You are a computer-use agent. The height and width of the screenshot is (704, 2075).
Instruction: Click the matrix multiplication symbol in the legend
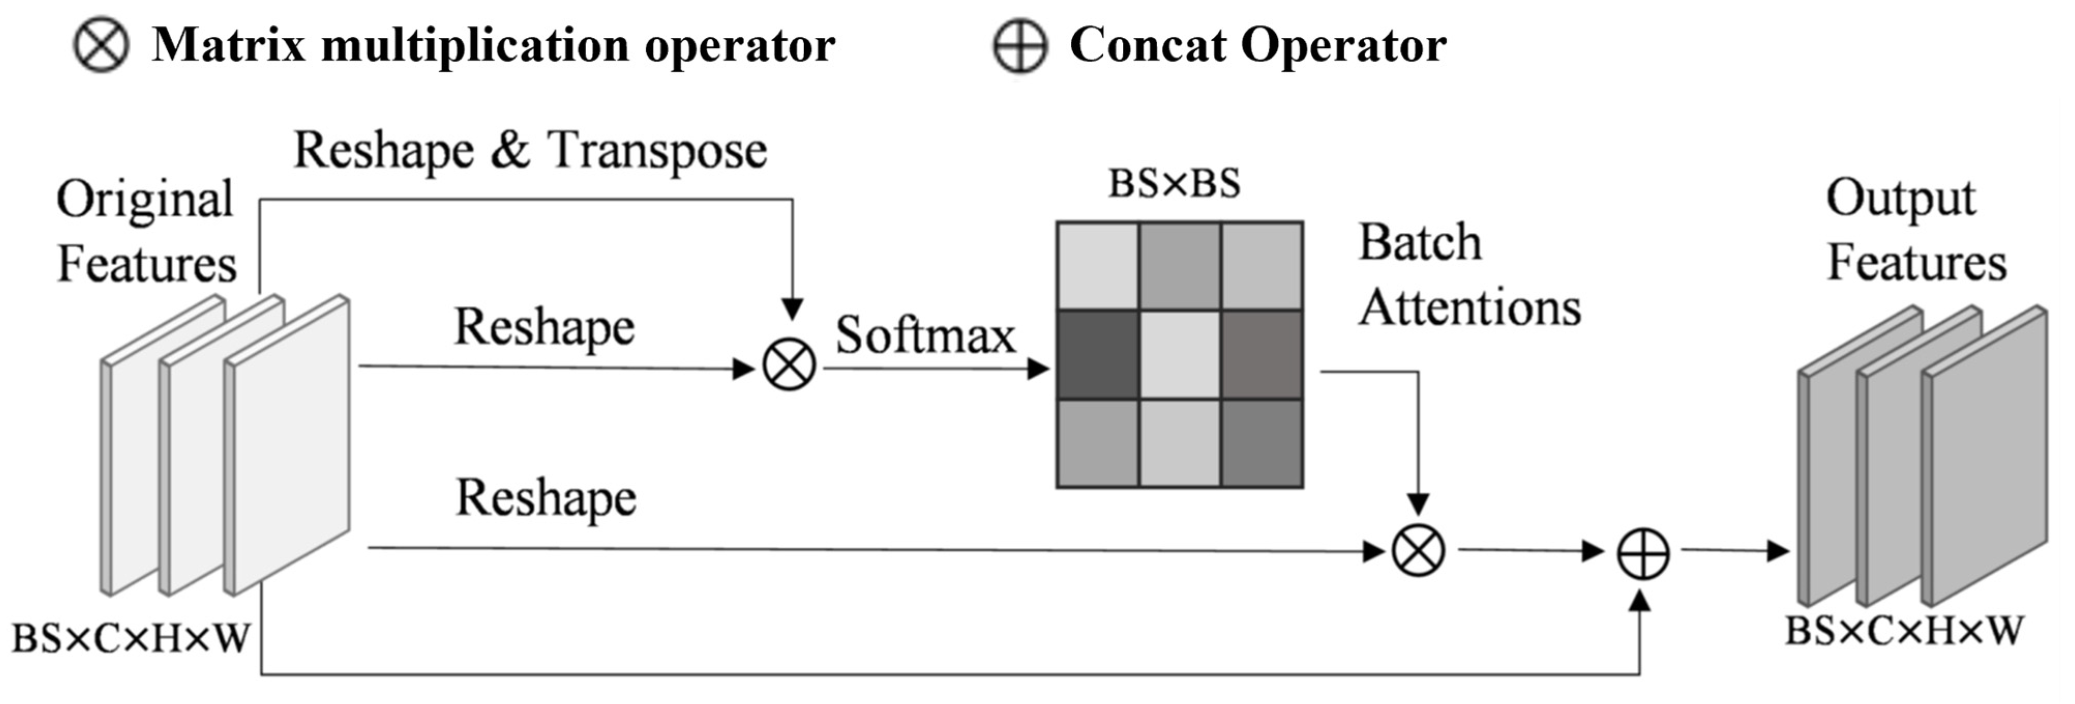(101, 45)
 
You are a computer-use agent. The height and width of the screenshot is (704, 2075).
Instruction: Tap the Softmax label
(925, 335)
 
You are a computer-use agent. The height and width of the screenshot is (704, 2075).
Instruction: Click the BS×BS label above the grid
(1175, 184)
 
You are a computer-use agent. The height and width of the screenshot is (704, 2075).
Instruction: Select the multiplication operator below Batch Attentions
(1418, 552)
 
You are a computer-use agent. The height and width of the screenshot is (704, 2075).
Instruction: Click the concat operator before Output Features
(1643, 554)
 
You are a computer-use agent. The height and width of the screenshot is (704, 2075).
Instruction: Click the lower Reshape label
(546, 497)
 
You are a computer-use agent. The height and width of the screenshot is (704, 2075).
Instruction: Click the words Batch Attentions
(1468, 276)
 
